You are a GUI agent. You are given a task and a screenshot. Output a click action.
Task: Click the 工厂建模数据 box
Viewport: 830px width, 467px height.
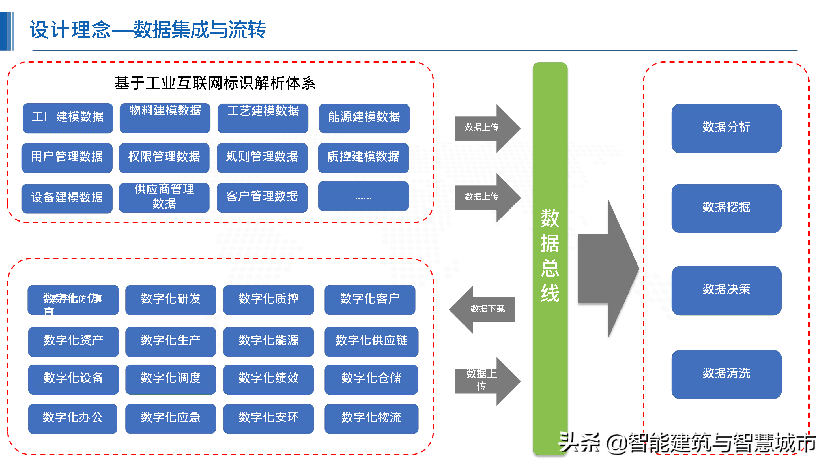[68, 118]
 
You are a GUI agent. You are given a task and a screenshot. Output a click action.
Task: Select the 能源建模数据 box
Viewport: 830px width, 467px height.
[364, 118]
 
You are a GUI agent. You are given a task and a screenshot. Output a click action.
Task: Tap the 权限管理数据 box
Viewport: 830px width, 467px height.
[164, 158]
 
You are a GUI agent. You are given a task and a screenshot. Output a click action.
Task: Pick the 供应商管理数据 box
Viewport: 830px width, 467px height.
[164, 197]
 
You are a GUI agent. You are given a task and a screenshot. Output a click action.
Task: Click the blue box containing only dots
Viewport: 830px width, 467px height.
[363, 196]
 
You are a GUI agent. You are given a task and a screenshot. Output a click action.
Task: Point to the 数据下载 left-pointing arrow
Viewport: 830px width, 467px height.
[483, 309]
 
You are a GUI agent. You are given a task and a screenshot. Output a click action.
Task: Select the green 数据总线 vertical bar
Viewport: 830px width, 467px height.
[550, 258]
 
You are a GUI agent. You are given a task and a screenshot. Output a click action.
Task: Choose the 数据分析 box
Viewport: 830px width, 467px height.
[726, 128]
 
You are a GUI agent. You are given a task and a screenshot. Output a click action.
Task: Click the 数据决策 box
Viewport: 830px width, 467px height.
[726, 290]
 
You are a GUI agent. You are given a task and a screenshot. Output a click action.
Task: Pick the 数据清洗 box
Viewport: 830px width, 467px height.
[726, 374]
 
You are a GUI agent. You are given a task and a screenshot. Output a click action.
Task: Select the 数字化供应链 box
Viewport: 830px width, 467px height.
[371, 341]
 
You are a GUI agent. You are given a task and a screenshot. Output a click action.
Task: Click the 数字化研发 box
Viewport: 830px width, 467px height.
[171, 299]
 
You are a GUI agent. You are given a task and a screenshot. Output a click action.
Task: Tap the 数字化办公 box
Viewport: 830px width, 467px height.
[72, 418]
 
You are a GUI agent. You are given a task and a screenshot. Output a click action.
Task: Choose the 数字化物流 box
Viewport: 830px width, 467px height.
[371, 418]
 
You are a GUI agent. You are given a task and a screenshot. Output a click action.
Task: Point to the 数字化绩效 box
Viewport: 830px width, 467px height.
[268, 379]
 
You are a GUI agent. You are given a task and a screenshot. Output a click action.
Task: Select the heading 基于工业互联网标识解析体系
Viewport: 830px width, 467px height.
[215, 83]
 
